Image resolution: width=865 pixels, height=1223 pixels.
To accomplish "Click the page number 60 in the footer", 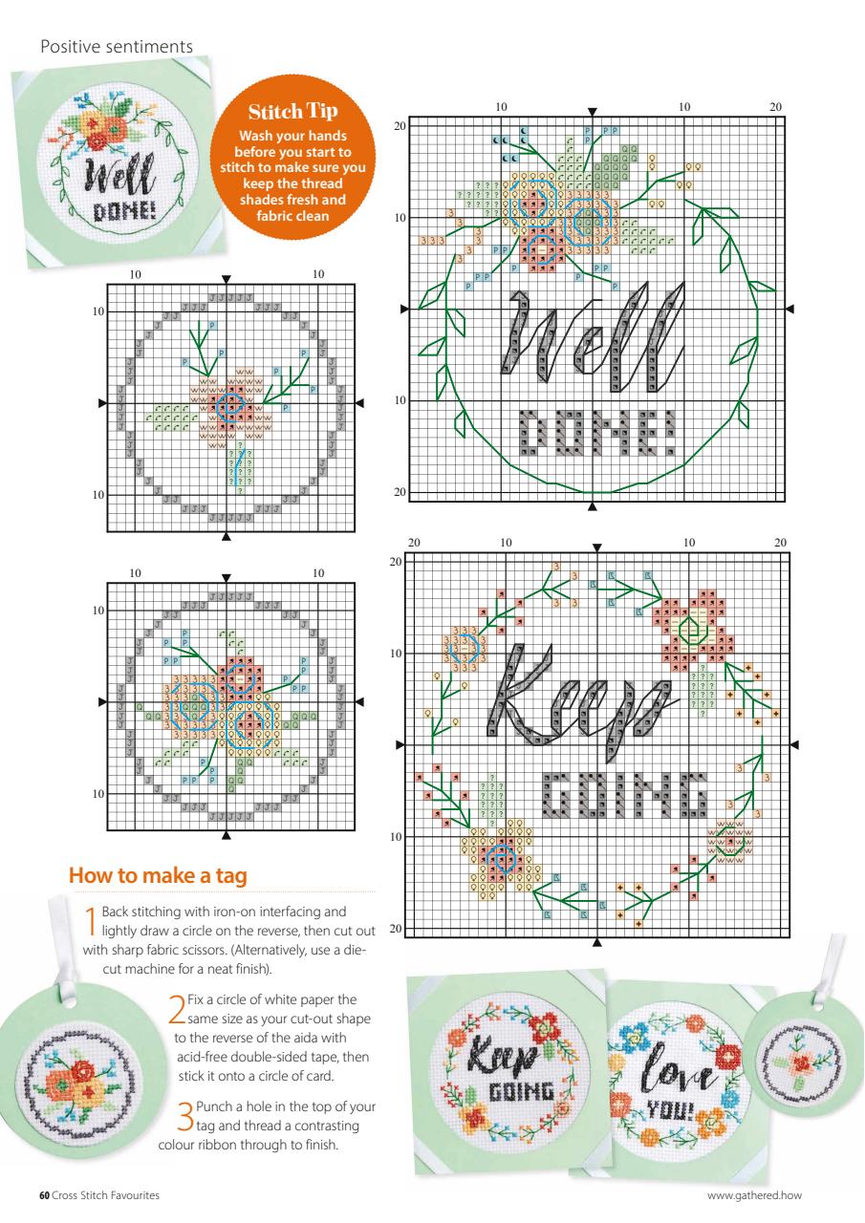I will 43,1195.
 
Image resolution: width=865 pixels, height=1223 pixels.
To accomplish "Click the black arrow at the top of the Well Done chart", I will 593,112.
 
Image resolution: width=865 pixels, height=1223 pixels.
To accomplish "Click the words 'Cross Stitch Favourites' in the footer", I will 106,1195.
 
